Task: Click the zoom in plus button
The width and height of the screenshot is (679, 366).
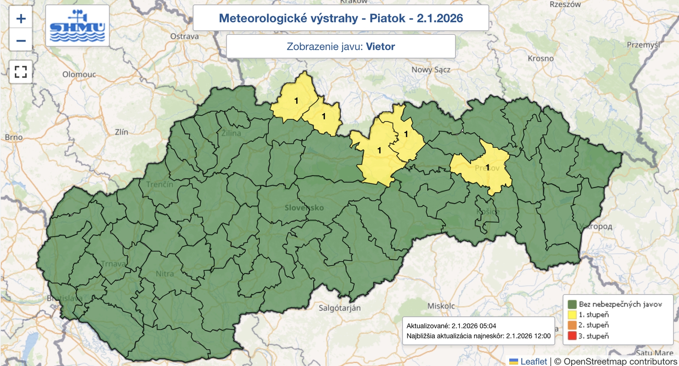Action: [21, 18]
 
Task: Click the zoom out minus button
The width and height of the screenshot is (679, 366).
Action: [21, 41]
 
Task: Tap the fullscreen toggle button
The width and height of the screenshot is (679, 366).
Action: [21, 71]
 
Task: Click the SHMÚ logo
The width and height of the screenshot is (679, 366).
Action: [77, 26]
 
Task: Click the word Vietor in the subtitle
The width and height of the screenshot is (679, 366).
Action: [380, 47]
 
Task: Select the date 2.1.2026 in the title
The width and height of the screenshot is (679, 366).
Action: [440, 18]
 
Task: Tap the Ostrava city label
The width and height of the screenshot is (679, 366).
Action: [184, 36]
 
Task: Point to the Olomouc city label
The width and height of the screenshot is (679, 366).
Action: [79, 75]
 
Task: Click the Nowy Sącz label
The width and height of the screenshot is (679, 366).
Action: [431, 70]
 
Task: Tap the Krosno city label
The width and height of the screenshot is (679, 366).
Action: [540, 59]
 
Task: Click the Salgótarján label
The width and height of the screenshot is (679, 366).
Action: [339, 308]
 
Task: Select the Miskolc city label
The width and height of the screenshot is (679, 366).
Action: [441, 306]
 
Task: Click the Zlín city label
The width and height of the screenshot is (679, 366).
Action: [121, 132]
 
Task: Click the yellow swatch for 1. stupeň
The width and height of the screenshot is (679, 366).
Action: [572, 315]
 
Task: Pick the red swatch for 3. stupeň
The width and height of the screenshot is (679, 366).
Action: [572, 336]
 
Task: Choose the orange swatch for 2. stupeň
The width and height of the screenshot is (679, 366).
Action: [572, 325]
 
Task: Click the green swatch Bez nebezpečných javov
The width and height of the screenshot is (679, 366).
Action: [572, 304]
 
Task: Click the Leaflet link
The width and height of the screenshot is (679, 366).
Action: [533, 361]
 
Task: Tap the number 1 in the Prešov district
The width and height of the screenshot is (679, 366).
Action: [487, 167]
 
